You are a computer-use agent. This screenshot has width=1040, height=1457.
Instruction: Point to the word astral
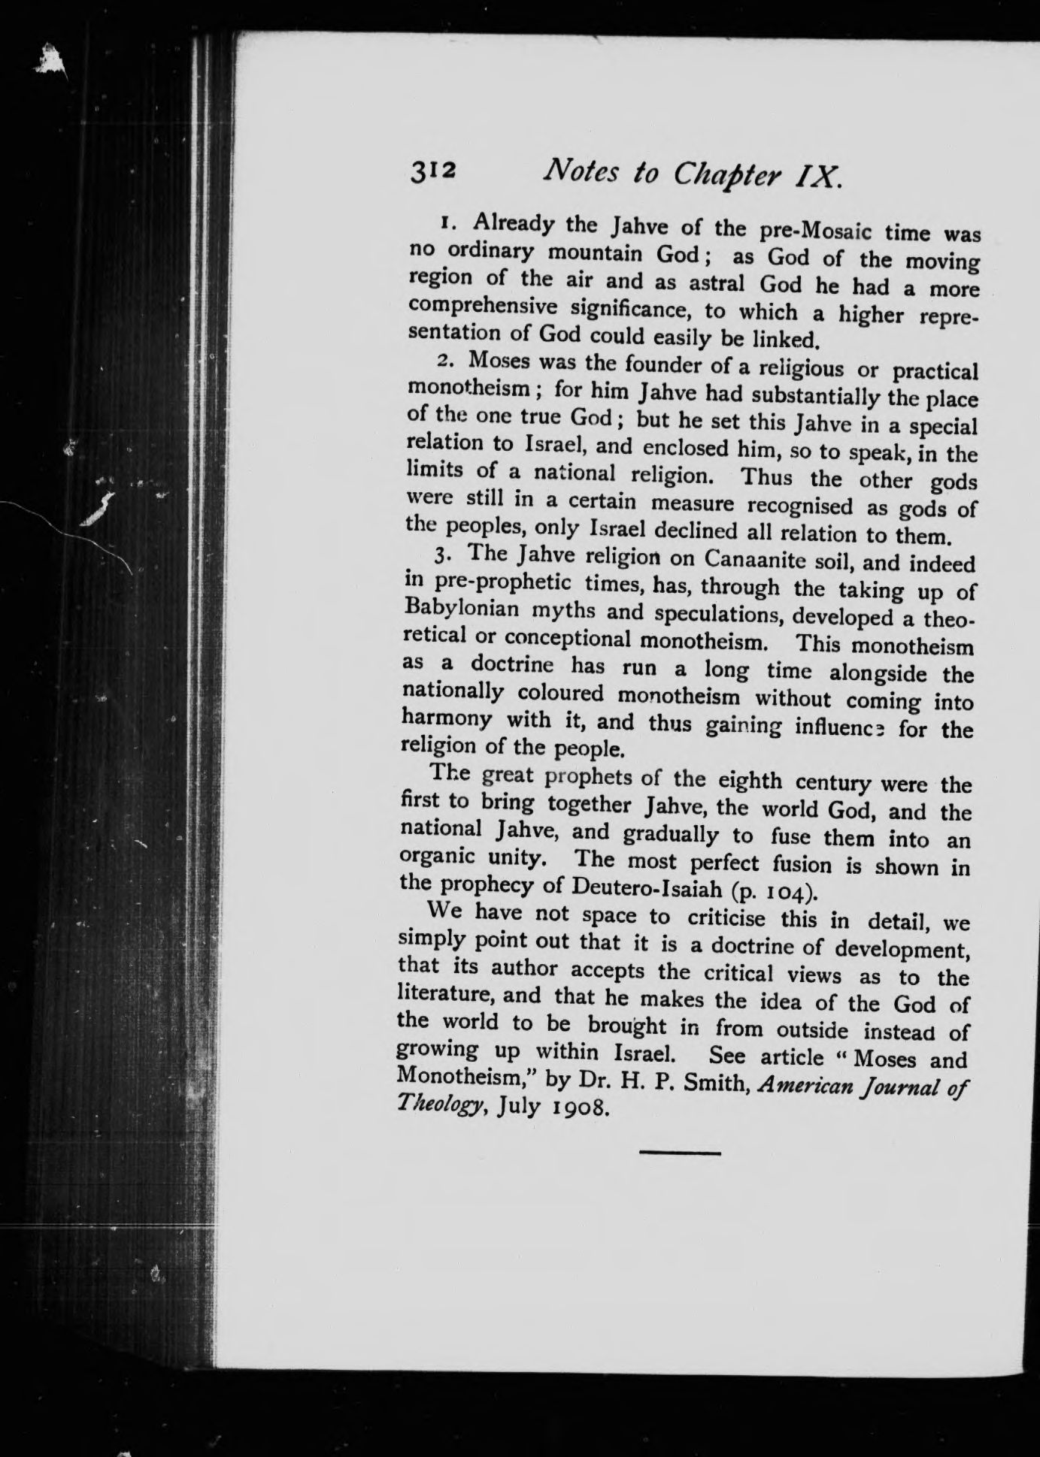pyautogui.click(x=717, y=284)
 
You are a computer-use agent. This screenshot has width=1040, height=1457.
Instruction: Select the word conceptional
pyautogui.click(x=567, y=639)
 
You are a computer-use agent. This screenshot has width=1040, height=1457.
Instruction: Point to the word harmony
pyautogui.click(x=446, y=719)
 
